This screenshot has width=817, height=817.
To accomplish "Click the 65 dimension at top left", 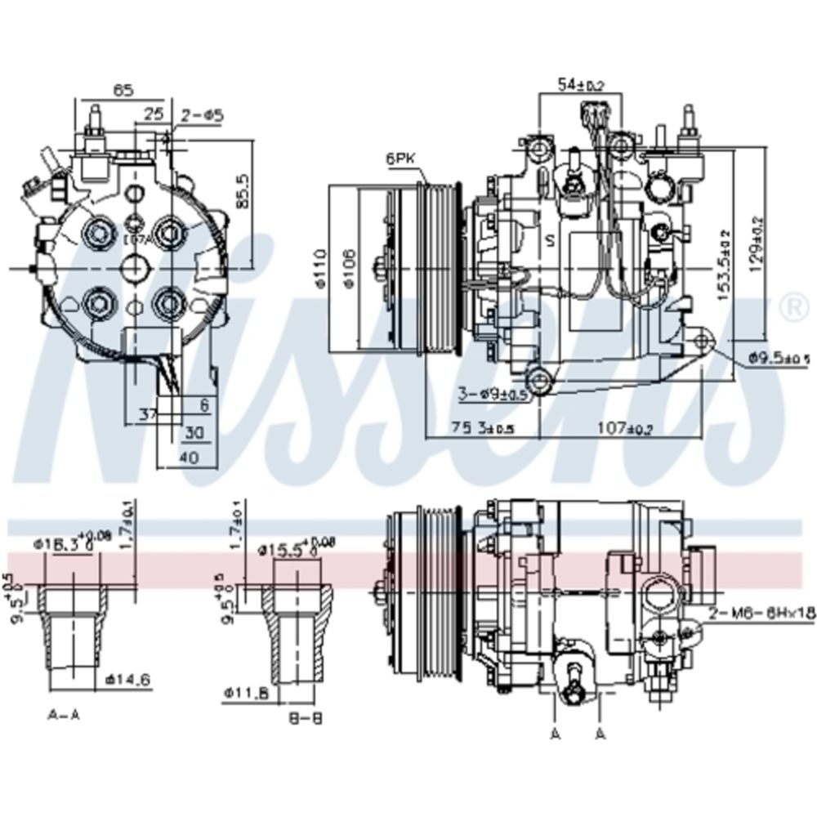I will (x=123, y=92).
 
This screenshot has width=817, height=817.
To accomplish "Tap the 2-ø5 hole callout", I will (x=203, y=116).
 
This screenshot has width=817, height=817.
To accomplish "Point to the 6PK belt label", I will (x=401, y=160).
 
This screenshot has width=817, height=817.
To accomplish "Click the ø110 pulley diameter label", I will (x=320, y=269).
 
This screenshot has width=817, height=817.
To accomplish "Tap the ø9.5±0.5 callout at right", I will (x=779, y=357).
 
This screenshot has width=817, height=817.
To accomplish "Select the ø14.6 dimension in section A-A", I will (x=128, y=677).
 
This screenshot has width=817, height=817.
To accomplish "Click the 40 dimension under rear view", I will (x=189, y=458).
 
